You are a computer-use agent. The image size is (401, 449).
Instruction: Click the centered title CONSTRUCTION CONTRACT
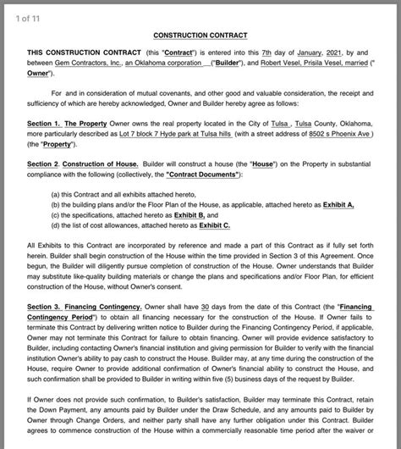pyautogui.click(x=200, y=37)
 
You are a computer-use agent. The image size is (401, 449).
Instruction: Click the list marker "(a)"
pyautogui.click(x=56, y=194)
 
